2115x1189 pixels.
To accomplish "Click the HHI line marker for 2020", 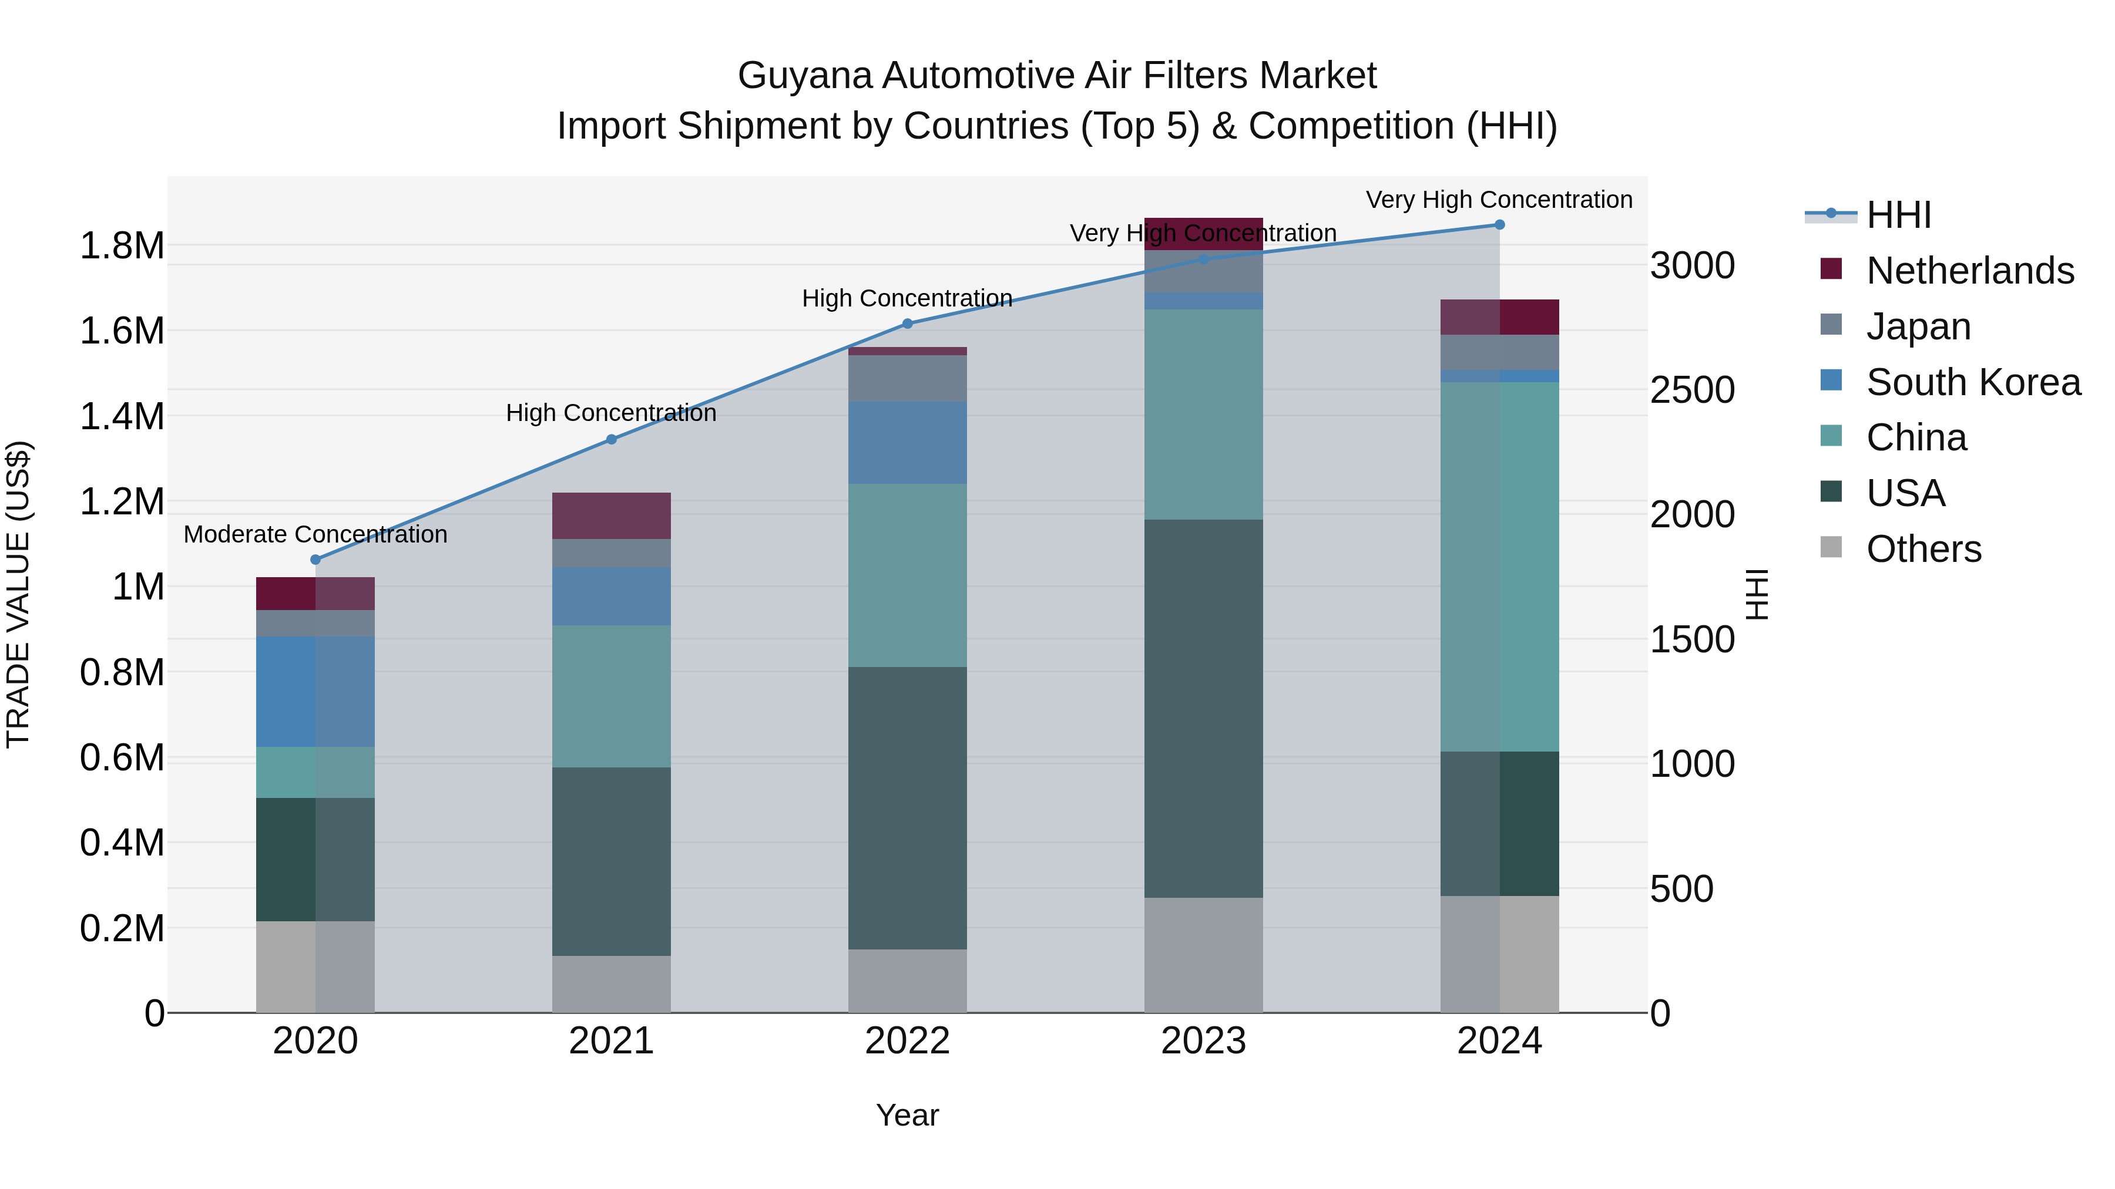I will click(315, 560).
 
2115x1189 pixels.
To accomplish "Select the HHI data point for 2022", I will click(907, 324).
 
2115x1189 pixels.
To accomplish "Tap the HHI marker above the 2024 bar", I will click(1499, 225).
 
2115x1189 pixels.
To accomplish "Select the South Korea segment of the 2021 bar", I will click(611, 596).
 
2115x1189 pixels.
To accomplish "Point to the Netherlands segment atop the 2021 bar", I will click(611, 516).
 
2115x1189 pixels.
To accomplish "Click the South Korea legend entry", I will click(1973, 382).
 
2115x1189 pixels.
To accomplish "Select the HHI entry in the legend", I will click(1898, 215).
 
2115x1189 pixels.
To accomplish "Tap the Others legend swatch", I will click(1831, 547).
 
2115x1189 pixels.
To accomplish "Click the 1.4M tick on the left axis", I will click(122, 417).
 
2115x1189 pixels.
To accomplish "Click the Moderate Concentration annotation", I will click(315, 534).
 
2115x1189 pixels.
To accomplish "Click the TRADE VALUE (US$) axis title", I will click(18, 594).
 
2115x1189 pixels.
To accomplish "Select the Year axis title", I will click(907, 1115).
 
